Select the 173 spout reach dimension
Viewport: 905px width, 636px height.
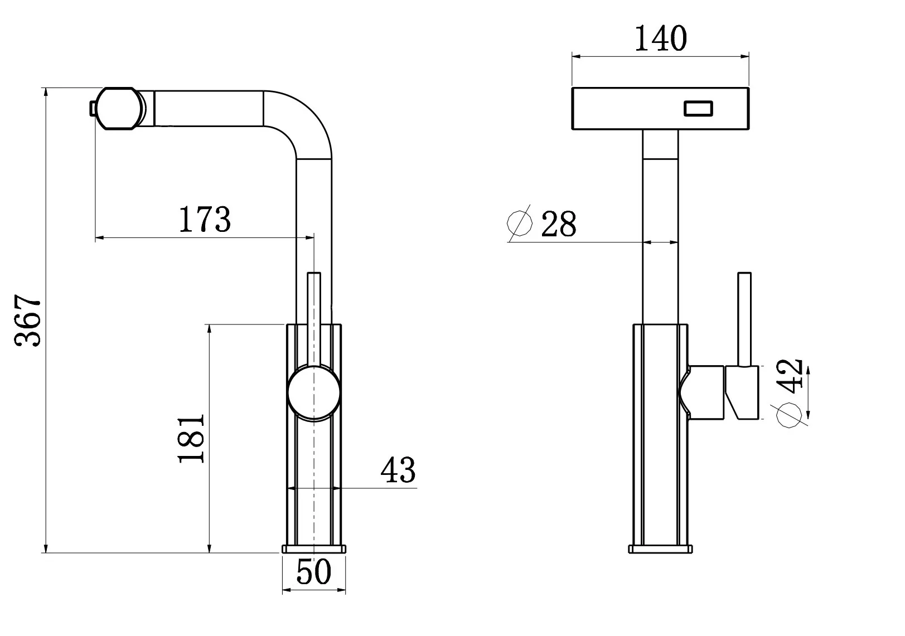(x=204, y=219)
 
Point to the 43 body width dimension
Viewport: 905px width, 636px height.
(x=398, y=470)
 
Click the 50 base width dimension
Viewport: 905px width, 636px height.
(x=314, y=572)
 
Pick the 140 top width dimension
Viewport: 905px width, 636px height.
(x=660, y=38)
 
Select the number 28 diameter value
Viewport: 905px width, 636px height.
(x=558, y=224)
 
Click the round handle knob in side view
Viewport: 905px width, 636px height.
(x=313, y=392)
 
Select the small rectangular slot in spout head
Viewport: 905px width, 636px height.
(x=699, y=108)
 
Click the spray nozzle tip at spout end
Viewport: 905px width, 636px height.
(x=92, y=108)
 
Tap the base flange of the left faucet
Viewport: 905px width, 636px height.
(x=314, y=549)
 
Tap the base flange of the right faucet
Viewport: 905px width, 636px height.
(x=661, y=549)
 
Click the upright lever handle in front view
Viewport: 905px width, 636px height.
(x=744, y=318)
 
